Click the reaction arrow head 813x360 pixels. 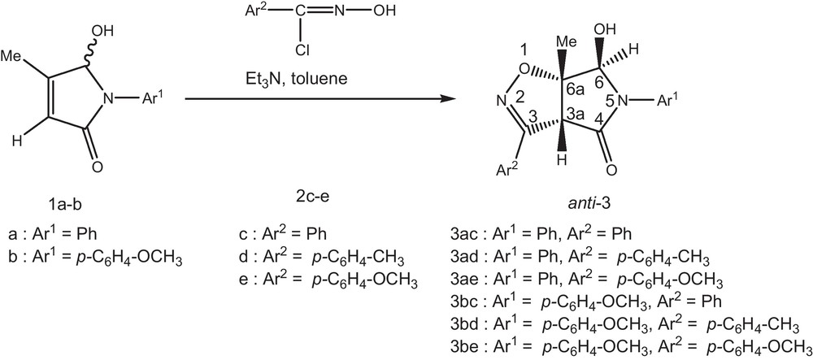click(446, 99)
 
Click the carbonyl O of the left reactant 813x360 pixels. click(97, 167)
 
